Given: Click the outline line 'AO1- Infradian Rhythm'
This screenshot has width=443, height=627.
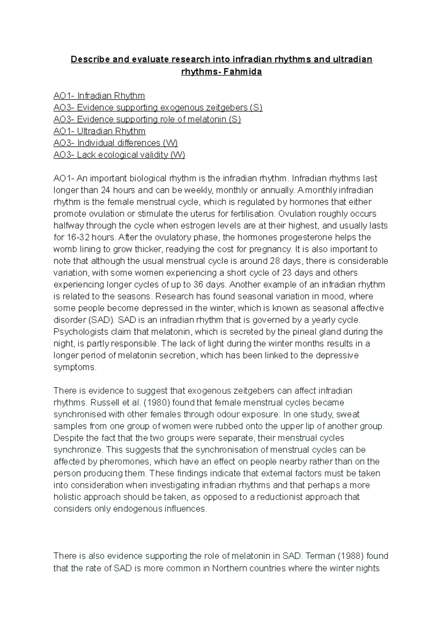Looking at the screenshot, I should (x=99, y=96).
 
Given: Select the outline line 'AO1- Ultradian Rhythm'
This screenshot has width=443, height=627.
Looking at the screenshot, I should (x=99, y=131).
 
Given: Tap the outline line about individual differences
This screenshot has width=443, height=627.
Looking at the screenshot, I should (x=116, y=143).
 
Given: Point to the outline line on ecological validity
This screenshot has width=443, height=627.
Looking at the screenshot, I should (x=119, y=155).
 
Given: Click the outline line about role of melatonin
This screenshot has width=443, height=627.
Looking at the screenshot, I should (x=147, y=120).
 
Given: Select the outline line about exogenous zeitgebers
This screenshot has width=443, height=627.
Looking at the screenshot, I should (x=158, y=108).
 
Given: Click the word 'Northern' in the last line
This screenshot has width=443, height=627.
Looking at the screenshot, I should (x=229, y=568).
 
